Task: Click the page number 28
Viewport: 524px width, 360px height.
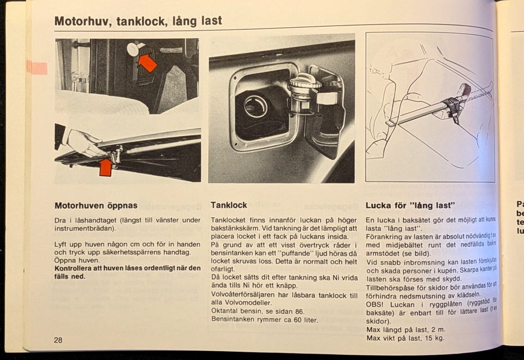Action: (x=58, y=340)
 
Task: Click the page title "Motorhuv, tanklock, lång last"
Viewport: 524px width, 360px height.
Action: (x=138, y=21)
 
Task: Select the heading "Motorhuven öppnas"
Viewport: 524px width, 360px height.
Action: (x=96, y=206)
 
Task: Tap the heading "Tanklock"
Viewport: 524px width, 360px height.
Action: (x=229, y=205)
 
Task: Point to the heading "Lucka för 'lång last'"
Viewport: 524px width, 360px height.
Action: (x=410, y=206)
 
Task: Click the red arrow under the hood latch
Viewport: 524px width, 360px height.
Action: (x=106, y=167)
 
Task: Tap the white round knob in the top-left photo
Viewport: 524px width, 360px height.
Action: (x=133, y=50)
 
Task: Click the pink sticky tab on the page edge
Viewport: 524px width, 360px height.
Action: (x=37, y=68)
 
